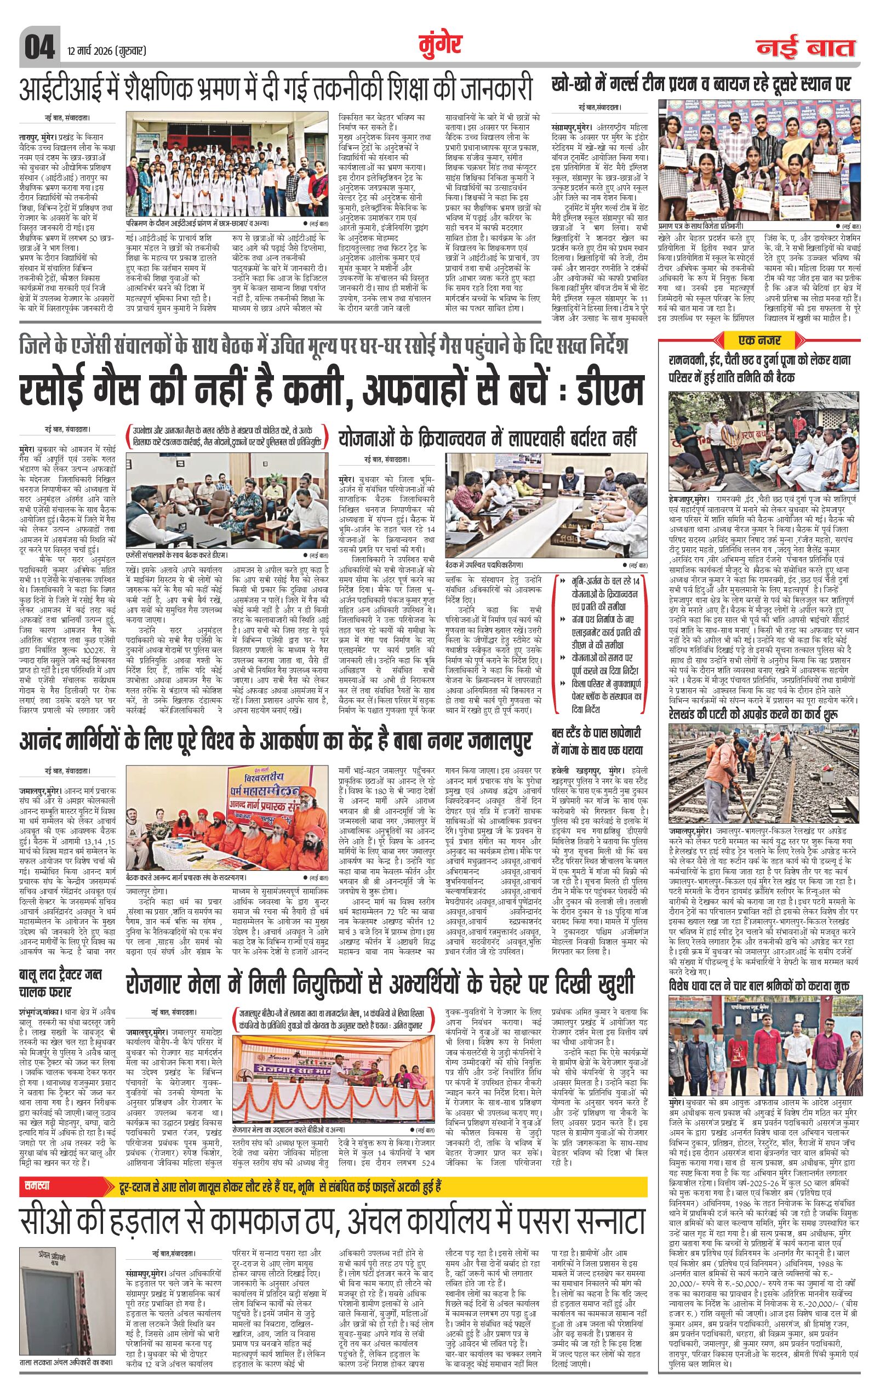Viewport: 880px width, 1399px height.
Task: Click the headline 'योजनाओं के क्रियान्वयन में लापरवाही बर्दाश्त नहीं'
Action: click(x=488, y=437)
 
